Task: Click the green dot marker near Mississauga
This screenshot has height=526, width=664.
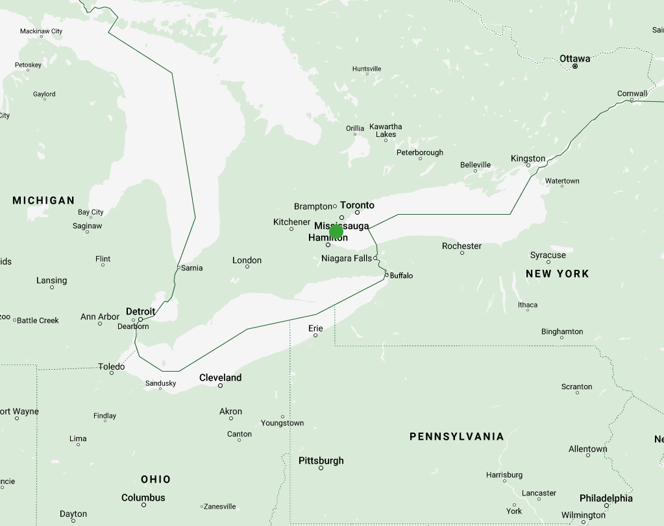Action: point(336,232)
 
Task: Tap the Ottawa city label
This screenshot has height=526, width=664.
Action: point(575,58)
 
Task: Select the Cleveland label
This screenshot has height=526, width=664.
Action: point(220,377)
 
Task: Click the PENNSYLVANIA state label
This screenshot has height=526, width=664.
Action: point(456,436)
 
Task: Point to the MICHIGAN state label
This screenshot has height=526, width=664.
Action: point(43,200)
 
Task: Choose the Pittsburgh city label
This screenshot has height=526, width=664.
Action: point(321,460)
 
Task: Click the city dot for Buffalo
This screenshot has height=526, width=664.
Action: point(386,275)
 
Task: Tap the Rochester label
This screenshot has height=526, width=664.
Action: point(461,246)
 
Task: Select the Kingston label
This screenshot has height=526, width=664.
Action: point(528,158)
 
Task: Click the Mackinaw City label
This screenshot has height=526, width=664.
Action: point(41,31)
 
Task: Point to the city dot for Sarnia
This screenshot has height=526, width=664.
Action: point(178,267)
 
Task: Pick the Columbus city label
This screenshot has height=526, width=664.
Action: point(143,497)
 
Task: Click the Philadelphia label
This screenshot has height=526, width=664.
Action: point(606,498)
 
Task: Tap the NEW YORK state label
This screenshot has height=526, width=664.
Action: point(557,274)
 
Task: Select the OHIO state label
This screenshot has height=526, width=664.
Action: point(156,479)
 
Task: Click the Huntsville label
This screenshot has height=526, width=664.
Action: point(367,69)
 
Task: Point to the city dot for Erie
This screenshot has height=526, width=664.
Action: point(315,335)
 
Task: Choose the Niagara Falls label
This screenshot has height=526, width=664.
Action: point(347,258)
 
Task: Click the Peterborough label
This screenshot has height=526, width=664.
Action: point(420,152)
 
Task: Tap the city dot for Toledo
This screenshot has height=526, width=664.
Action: point(112,373)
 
